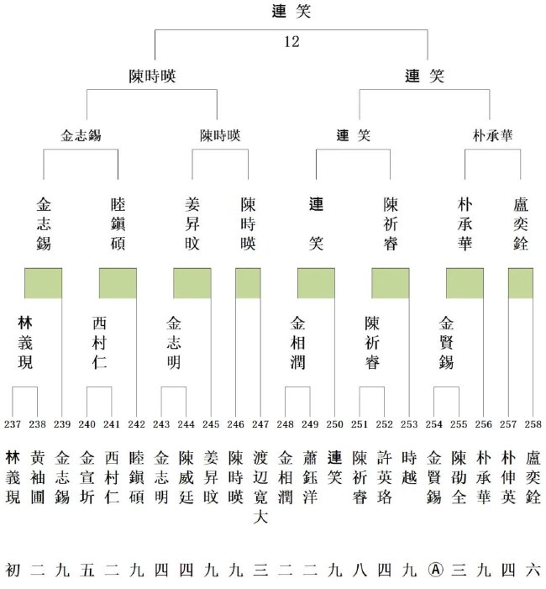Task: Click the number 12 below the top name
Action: (291, 41)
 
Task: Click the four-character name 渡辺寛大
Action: (260, 488)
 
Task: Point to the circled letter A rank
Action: (433, 569)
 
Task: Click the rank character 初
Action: (13, 569)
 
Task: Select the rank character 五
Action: (87, 569)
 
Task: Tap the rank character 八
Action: (360, 569)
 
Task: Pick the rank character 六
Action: (533, 569)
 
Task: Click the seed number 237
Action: (13, 423)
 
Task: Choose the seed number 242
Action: (137, 423)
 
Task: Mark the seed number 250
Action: (335, 423)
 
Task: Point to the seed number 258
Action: (533, 423)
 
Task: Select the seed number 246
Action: (236, 423)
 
